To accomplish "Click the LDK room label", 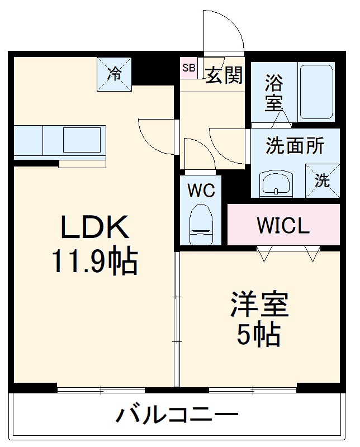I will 94,227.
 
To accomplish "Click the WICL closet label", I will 283,225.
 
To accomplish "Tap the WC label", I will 201,191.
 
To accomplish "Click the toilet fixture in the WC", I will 201,223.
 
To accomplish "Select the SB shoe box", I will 188,69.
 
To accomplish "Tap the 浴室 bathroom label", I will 273,93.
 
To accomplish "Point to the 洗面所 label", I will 295,146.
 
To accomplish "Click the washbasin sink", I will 276,183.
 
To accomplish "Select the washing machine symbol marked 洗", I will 322,180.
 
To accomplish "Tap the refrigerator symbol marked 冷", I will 115,74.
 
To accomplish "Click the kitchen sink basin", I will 82,140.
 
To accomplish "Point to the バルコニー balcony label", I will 177,416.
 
